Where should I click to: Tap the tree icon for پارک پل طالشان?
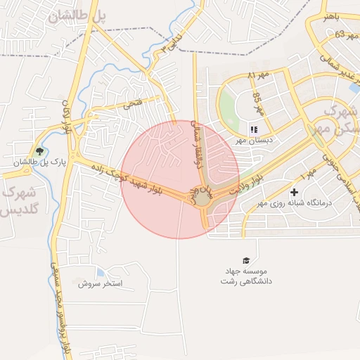39,151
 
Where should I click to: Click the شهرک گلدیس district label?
20,200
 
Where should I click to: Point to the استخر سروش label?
101,283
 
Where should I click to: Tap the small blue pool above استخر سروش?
100,272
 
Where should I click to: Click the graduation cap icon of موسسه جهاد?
246,260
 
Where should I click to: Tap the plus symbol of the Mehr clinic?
294,191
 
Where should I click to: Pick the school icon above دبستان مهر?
254,129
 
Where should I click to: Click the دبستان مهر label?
255,140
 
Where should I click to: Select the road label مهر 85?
258,104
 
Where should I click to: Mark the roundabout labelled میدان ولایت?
202,198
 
